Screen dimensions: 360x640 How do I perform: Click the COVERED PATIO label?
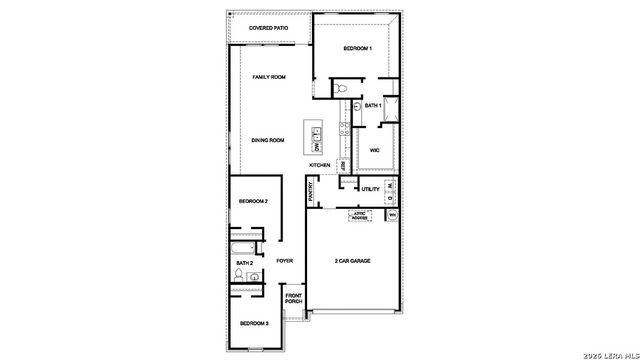tap(269, 29)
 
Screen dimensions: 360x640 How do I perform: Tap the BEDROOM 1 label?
tap(358, 49)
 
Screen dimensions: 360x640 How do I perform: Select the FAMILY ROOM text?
tap(269, 77)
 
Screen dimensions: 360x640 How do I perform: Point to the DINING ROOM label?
tap(269, 141)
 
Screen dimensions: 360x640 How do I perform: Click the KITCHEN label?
tap(320, 165)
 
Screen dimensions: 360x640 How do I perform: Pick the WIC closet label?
tap(374, 150)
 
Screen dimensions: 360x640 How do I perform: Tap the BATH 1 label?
tap(373, 105)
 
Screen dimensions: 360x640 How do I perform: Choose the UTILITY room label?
tap(370, 189)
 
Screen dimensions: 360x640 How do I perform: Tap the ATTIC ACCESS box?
tap(359, 216)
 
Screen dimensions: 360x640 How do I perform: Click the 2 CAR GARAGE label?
tap(352, 261)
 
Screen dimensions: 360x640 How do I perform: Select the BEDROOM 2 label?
tap(253, 202)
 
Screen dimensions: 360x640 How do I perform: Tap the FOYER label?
tap(284, 261)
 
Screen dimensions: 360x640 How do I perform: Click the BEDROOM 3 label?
tap(253, 323)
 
